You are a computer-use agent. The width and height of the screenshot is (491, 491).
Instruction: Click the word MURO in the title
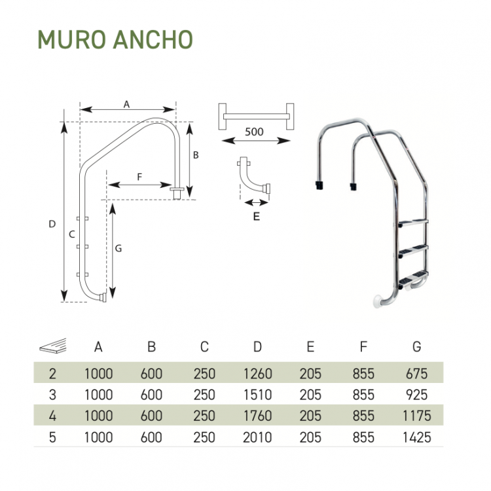point(71,39)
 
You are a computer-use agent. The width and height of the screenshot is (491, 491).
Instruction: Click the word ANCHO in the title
point(153,39)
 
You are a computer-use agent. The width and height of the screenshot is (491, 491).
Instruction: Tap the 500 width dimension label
point(254,132)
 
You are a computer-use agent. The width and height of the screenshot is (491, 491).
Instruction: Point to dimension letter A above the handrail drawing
point(126,104)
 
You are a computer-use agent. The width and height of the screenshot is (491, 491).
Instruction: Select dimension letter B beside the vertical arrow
point(196,155)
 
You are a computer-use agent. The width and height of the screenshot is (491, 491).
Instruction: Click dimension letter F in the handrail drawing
point(139,177)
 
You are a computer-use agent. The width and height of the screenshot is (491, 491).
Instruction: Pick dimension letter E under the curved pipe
point(257,217)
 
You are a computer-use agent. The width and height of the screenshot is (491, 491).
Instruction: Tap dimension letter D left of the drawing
point(52,224)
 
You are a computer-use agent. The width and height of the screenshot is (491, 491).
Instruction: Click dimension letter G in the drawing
point(118,248)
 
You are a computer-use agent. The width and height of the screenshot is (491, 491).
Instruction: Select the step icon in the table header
point(53,346)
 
